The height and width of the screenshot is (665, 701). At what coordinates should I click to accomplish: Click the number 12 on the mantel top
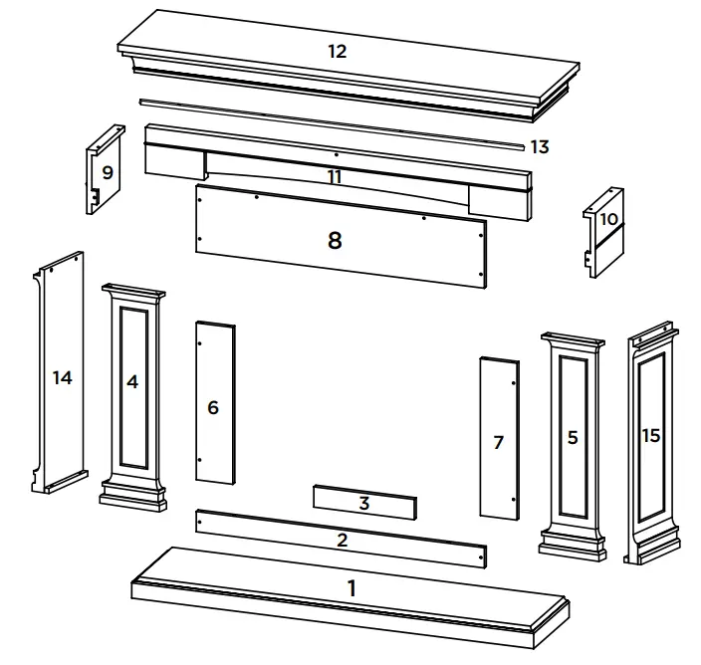tap(337, 52)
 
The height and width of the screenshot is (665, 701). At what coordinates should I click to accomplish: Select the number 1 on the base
tap(350, 588)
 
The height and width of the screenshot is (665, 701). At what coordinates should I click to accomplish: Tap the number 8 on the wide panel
tap(335, 240)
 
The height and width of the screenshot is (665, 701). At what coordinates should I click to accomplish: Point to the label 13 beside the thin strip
tap(539, 147)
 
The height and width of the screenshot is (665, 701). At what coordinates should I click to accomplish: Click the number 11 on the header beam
tap(335, 176)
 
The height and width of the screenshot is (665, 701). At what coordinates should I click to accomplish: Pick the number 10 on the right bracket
tap(608, 218)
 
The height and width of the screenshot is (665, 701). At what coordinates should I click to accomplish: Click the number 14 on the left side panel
tap(63, 377)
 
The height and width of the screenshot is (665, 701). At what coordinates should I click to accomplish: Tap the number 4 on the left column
tap(131, 381)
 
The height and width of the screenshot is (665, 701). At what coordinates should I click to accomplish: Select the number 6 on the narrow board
tap(213, 407)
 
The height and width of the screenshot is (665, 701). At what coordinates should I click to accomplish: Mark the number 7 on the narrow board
tap(499, 442)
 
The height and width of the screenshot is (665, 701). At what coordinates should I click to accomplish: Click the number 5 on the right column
tap(572, 437)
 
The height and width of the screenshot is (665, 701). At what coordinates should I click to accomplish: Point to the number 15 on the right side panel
tap(651, 435)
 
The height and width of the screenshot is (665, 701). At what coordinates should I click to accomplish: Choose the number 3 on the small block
tap(364, 504)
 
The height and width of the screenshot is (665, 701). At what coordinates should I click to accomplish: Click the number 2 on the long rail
tap(342, 541)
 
